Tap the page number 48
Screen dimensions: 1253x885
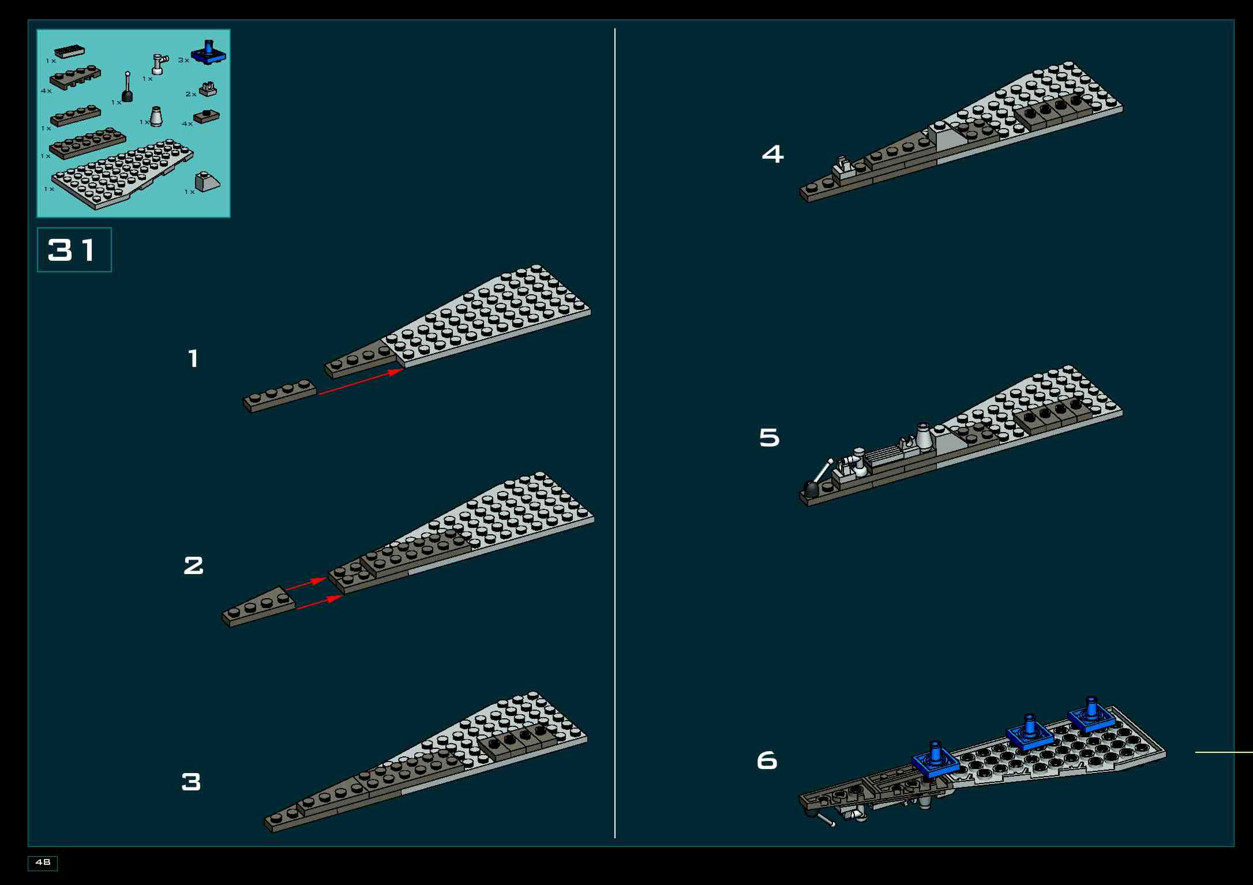(x=43, y=862)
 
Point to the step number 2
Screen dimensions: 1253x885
(x=193, y=565)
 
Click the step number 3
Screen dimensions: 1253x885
(x=191, y=782)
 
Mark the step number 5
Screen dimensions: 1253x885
(x=770, y=438)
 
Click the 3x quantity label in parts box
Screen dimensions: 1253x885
(x=183, y=60)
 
